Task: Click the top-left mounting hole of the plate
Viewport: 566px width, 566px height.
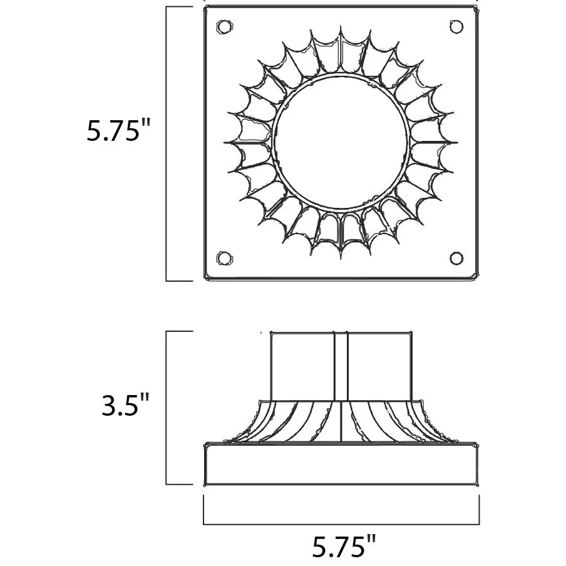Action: pos(224,27)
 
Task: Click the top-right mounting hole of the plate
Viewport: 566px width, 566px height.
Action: pos(456,27)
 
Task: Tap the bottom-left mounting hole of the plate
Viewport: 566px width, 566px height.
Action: pos(224,259)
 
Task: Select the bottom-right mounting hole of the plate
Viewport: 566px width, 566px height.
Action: pos(456,259)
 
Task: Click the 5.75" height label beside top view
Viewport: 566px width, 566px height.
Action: pos(118,130)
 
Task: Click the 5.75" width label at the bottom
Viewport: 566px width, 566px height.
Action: pos(344,546)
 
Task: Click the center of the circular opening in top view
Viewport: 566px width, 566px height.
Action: pos(341,142)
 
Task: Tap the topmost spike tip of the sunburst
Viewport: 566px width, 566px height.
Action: pos(341,26)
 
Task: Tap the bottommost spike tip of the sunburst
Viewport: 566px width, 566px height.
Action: pos(341,259)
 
